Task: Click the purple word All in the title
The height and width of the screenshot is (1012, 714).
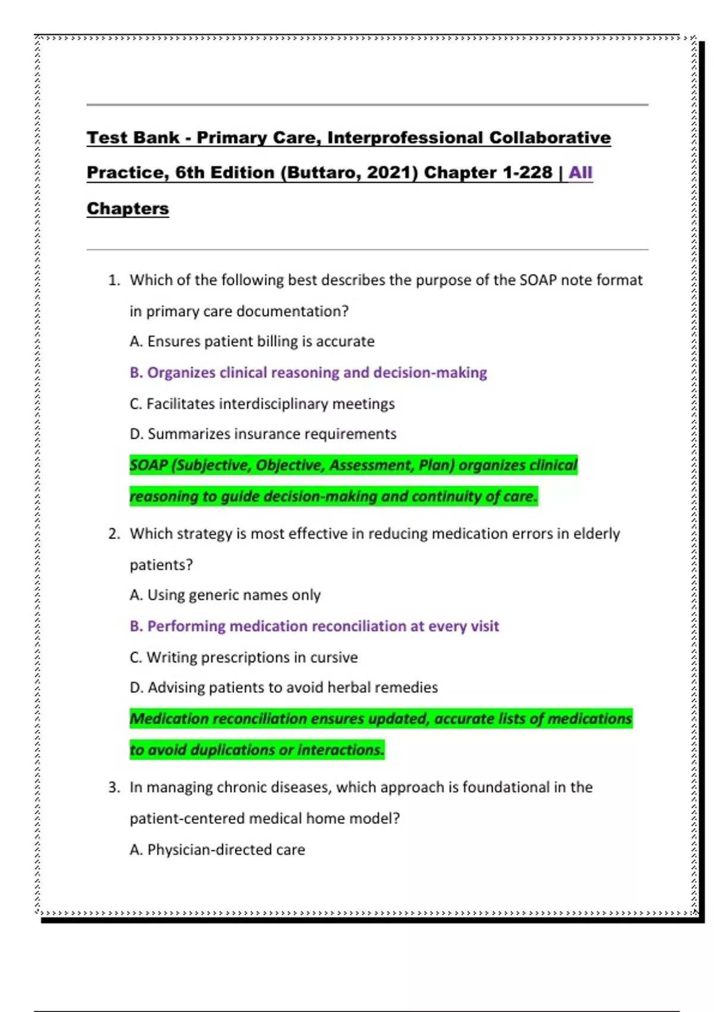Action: coord(580,173)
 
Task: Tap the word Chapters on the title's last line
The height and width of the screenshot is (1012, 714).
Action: coord(128,209)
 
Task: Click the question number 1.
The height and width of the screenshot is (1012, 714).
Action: coord(114,280)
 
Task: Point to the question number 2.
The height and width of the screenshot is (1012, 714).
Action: coord(114,534)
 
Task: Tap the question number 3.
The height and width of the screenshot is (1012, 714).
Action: coord(114,788)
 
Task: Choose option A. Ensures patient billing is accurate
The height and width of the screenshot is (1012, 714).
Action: coord(252,342)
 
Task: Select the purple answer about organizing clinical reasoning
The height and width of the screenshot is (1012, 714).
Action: coord(308,373)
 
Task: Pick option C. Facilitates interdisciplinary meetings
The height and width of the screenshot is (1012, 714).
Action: coord(262,404)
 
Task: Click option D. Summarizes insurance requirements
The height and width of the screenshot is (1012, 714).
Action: coord(263,434)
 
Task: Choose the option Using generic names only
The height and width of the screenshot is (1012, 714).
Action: coord(225,595)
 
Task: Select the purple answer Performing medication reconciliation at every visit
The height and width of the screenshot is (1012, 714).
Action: coord(314,626)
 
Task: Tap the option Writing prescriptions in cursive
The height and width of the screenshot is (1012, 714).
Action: coord(244,658)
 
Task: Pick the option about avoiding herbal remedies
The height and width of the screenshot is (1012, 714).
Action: coord(284,688)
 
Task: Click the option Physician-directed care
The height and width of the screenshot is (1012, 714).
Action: coord(217,850)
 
